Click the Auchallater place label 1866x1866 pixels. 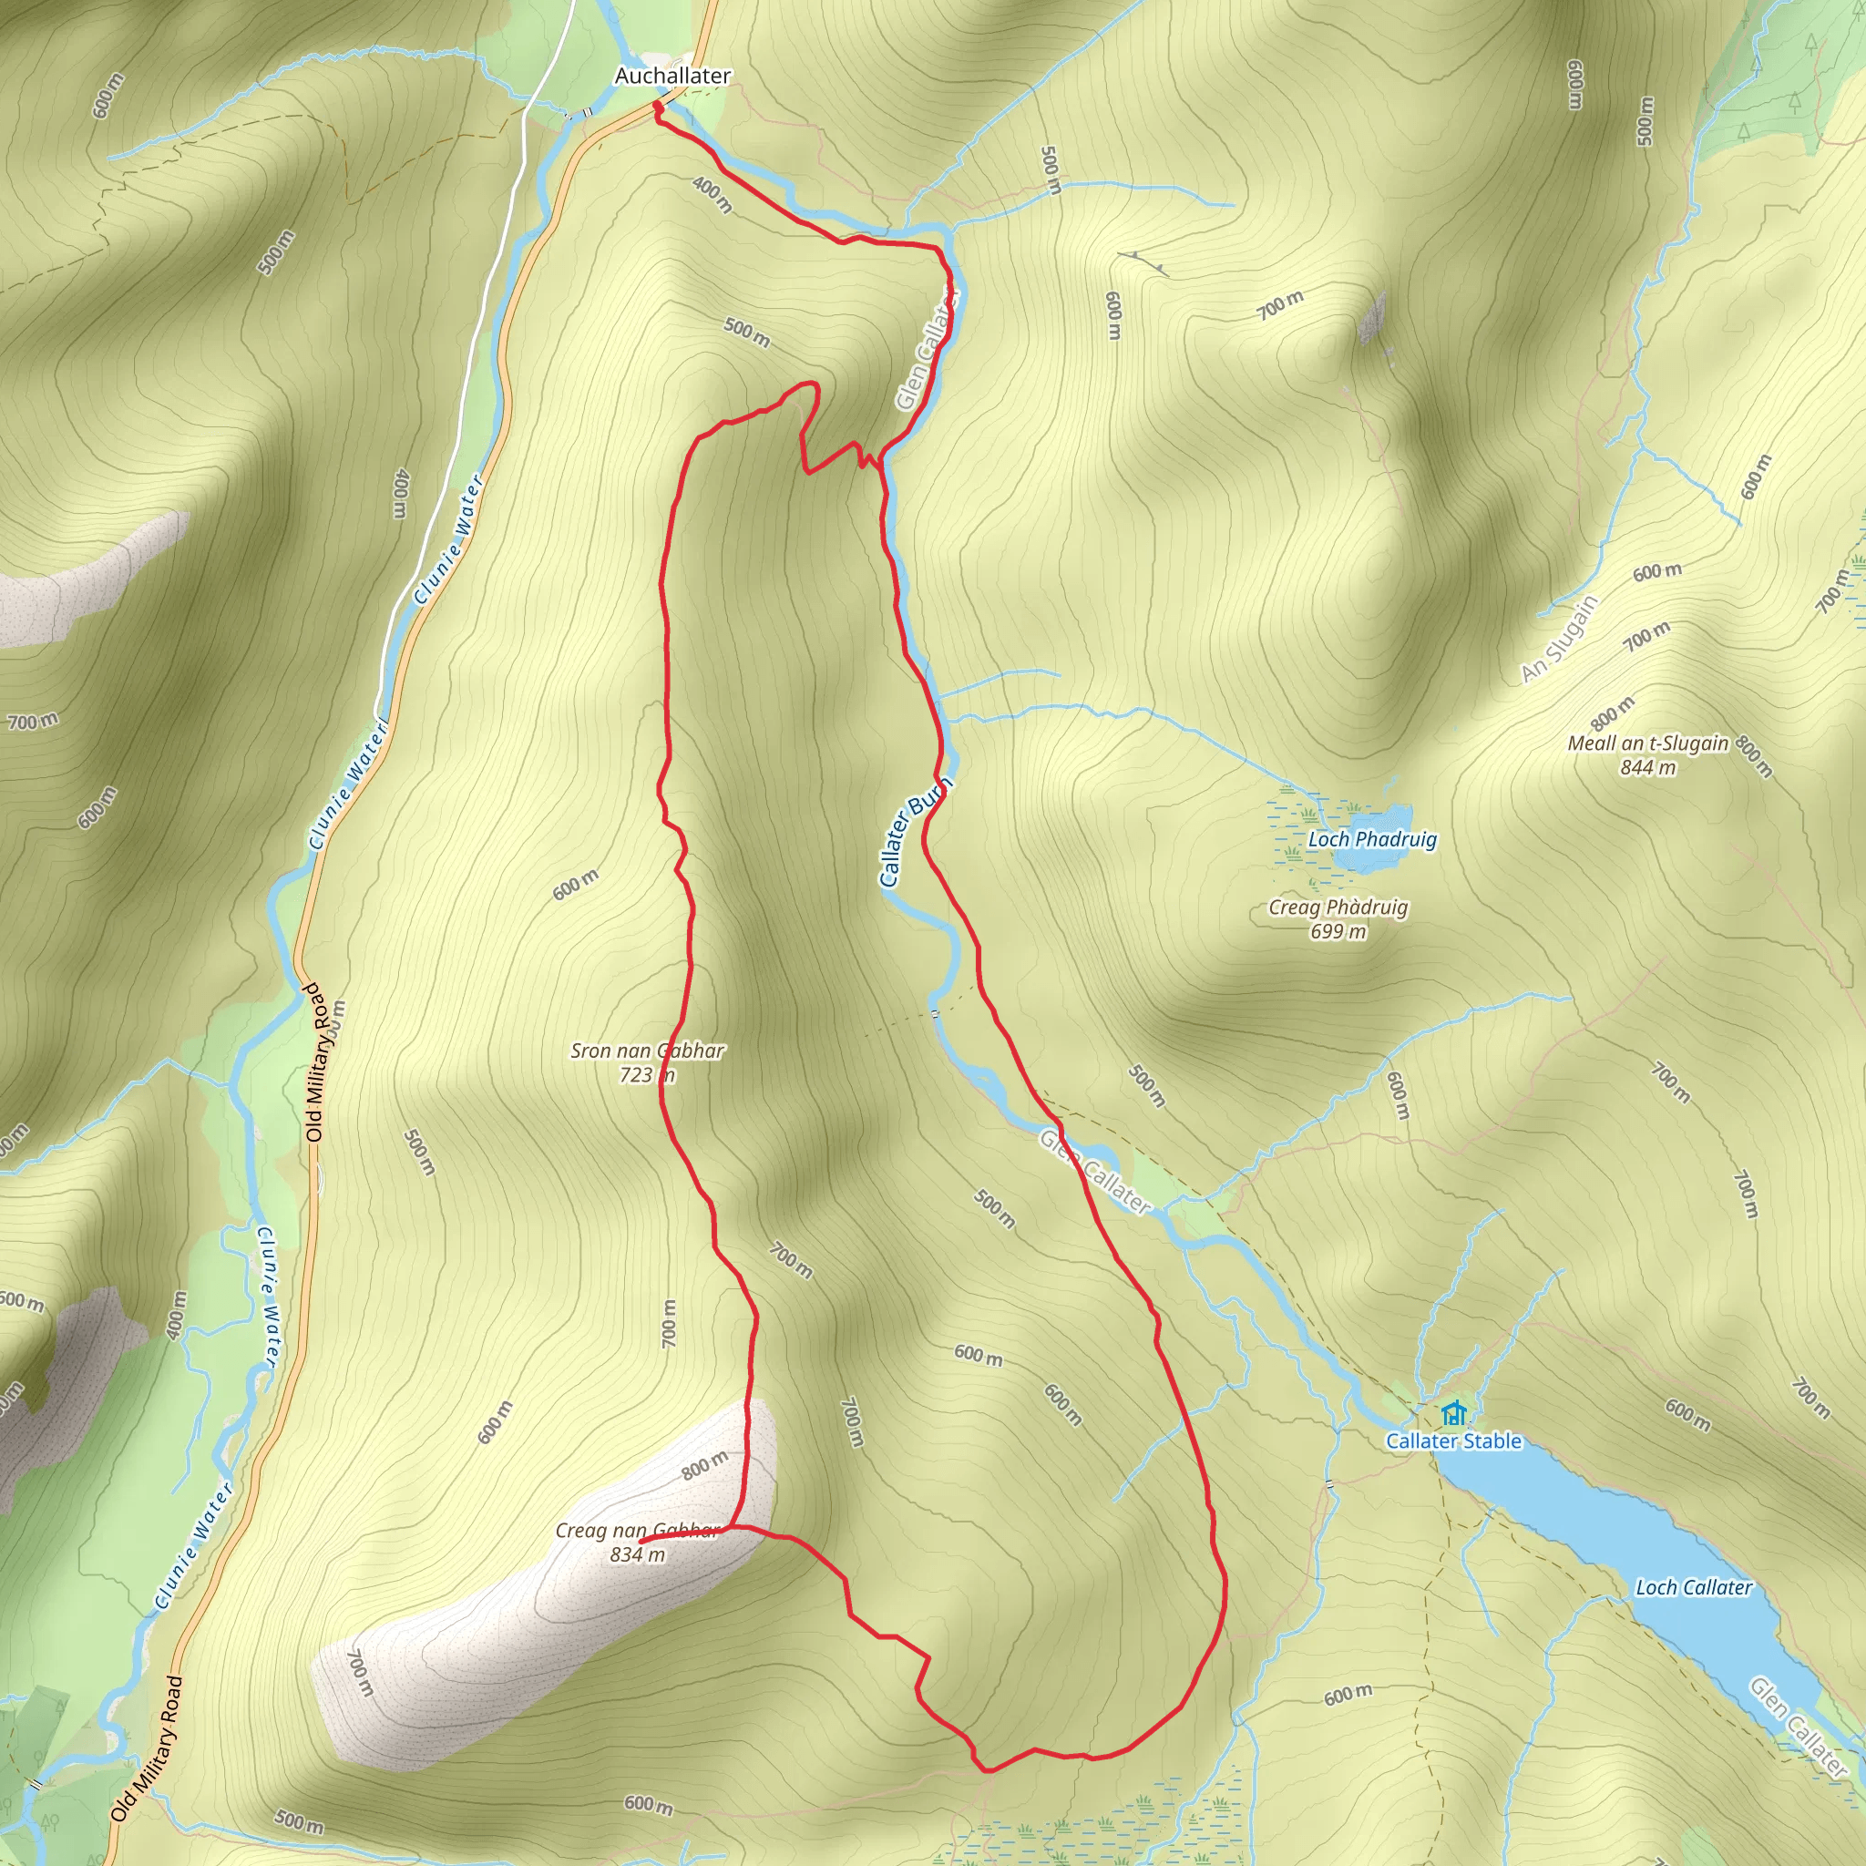click(x=672, y=76)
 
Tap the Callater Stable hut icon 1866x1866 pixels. click(x=1452, y=1415)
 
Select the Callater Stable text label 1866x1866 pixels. click(x=1452, y=1441)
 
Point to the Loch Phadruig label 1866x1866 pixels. click(x=1371, y=839)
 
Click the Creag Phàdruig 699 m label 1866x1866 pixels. click(x=1338, y=918)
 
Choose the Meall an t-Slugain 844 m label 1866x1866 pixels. click(x=1647, y=755)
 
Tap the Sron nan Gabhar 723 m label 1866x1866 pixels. click(x=646, y=1062)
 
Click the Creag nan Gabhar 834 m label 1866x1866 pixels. click(x=638, y=1543)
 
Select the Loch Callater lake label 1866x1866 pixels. click(x=1693, y=1587)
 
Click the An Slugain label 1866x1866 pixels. click(x=1559, y=640)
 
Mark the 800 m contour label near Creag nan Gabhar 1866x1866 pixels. click(x=704, y=1465)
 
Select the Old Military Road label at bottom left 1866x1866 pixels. click(x=147, y=1748)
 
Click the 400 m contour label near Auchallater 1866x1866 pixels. click(x=712, y=194)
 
